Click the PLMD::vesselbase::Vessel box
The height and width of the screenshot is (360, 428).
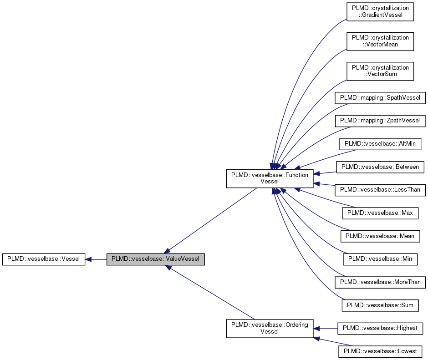44,259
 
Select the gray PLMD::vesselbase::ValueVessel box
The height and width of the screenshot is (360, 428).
155,259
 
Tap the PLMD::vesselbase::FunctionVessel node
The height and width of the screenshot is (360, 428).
270,178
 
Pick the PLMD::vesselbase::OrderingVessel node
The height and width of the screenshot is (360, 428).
270,328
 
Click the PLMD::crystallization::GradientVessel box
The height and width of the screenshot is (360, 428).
380,12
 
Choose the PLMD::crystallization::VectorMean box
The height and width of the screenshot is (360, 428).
380,41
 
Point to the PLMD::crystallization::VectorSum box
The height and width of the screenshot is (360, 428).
380,71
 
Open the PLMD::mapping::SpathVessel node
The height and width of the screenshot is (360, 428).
380,98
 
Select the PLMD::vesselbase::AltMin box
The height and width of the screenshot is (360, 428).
380,144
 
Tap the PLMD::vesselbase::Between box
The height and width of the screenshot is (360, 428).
380,167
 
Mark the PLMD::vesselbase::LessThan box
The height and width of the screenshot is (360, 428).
380,190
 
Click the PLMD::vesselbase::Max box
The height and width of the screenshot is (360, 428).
380,213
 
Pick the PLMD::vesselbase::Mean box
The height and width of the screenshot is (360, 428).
380,236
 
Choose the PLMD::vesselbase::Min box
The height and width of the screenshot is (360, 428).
380,259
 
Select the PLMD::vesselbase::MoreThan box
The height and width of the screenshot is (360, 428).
380,282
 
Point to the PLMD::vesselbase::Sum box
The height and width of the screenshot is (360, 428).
380,305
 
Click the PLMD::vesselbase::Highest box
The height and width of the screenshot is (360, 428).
380,328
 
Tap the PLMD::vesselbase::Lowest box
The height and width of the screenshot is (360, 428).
380,351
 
